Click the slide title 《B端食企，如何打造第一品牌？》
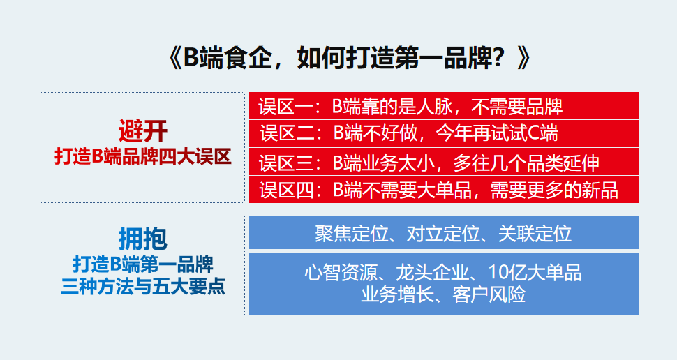click(349, 57)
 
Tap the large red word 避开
click(143, 130)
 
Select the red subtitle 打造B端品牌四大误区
click(143, 156)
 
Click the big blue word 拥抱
click(143, 239)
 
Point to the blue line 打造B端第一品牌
click(143, 264)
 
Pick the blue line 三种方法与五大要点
click(143, 286)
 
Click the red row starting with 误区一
click(444, 106)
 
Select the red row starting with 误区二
click(444, 133)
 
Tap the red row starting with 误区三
click(444, 162)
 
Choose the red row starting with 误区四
click(444, 190)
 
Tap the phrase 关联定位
click(535, 234)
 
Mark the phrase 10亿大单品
click(535, 273)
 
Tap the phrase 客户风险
click(489, 295)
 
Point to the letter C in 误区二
click(534, 133)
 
